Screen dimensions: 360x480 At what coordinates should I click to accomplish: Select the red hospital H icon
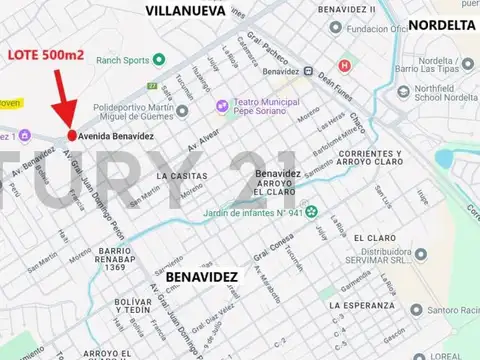[346, 66]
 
